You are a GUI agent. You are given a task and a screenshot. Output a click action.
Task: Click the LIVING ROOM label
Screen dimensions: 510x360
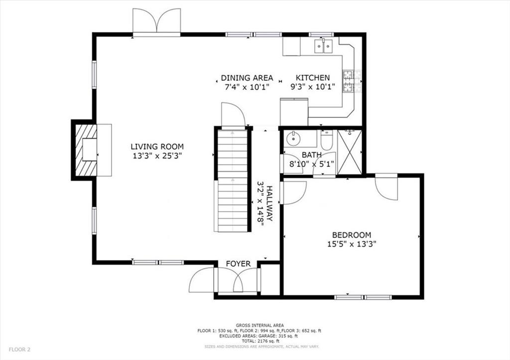click(157, 147)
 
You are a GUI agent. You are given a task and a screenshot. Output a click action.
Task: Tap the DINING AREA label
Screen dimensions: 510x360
click(247, 78)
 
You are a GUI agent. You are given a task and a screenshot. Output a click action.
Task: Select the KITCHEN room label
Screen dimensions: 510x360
click(313, 78)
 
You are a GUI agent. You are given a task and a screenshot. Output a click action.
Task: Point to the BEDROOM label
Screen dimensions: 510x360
click(352, 235)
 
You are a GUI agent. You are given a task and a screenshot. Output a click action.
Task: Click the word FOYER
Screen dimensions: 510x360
click(239, 264)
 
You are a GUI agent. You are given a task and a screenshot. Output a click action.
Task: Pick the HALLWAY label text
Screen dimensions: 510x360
click(269, 203)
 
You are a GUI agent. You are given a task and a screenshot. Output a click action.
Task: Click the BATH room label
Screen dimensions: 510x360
click(312, 155)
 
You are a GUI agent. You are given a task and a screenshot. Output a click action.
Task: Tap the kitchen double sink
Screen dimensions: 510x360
click(323, 46)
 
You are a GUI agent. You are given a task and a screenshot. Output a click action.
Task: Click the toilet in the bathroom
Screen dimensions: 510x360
click(327, 139)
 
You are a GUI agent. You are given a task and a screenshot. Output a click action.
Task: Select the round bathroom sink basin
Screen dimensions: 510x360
click(294, 139)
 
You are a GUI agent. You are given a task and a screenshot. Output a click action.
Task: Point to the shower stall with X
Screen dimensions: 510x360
click(350, 152)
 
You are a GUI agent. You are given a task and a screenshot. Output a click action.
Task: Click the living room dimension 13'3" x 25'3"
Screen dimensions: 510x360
click(157, 156)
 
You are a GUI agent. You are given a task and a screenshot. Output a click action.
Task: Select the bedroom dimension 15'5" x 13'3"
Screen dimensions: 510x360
click(352, 244)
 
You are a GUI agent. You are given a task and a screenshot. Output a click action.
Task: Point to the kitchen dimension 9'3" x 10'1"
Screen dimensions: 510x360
click(313, 87)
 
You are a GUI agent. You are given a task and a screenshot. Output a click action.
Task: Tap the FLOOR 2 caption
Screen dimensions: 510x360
click(19, 350)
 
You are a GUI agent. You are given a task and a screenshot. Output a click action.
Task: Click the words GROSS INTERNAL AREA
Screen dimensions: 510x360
click(259, 325)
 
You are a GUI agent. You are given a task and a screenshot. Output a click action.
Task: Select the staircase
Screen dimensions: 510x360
click(232, 180)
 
